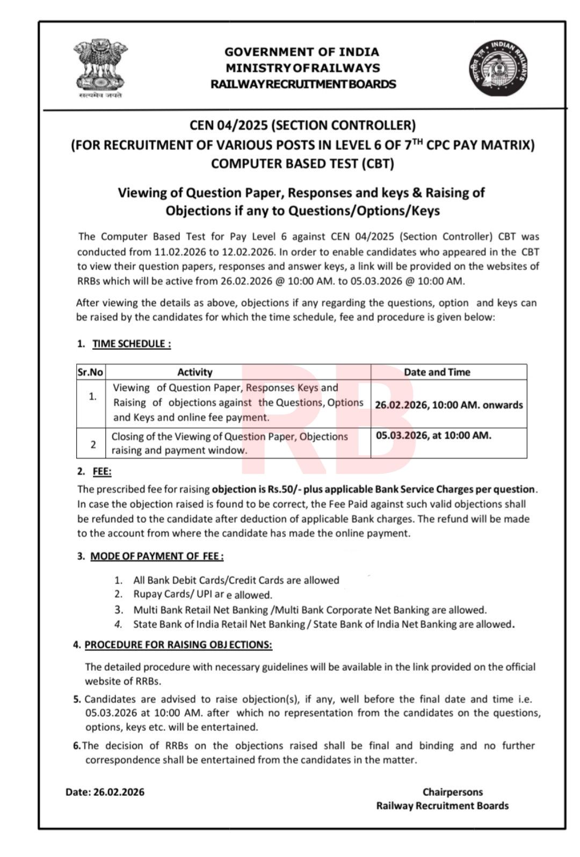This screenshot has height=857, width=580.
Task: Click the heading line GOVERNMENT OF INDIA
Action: [x=302, y=52]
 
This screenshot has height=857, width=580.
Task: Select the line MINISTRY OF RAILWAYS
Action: [x=302, y=68]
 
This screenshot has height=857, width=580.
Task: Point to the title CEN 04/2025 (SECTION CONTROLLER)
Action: [x=302, y=126]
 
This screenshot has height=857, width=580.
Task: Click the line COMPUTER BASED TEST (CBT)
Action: [x=302, y=164]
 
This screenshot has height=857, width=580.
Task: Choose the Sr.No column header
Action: [x=90, y=372]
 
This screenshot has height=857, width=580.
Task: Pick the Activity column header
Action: [x=195, y=372]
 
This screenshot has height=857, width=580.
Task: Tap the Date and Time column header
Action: [x=437, y=372]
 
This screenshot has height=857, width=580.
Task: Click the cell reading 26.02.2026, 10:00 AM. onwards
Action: [x=448, y=405]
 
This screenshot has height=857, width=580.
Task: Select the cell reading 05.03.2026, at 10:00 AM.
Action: [x=433, y=435]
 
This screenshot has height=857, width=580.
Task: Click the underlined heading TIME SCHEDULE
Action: [x=132, y=344]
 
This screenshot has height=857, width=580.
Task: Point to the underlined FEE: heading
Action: [x=102, y=472]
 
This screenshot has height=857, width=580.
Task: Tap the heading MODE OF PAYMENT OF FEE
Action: [x=156, y=556]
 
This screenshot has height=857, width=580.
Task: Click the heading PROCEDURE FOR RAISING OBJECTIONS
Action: [x=178, y=644]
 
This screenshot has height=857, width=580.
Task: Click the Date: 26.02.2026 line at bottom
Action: [x=105, y=792]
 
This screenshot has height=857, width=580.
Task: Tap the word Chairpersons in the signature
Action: [x=452, y=792]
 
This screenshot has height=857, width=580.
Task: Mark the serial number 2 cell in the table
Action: [x=93, y=444]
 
